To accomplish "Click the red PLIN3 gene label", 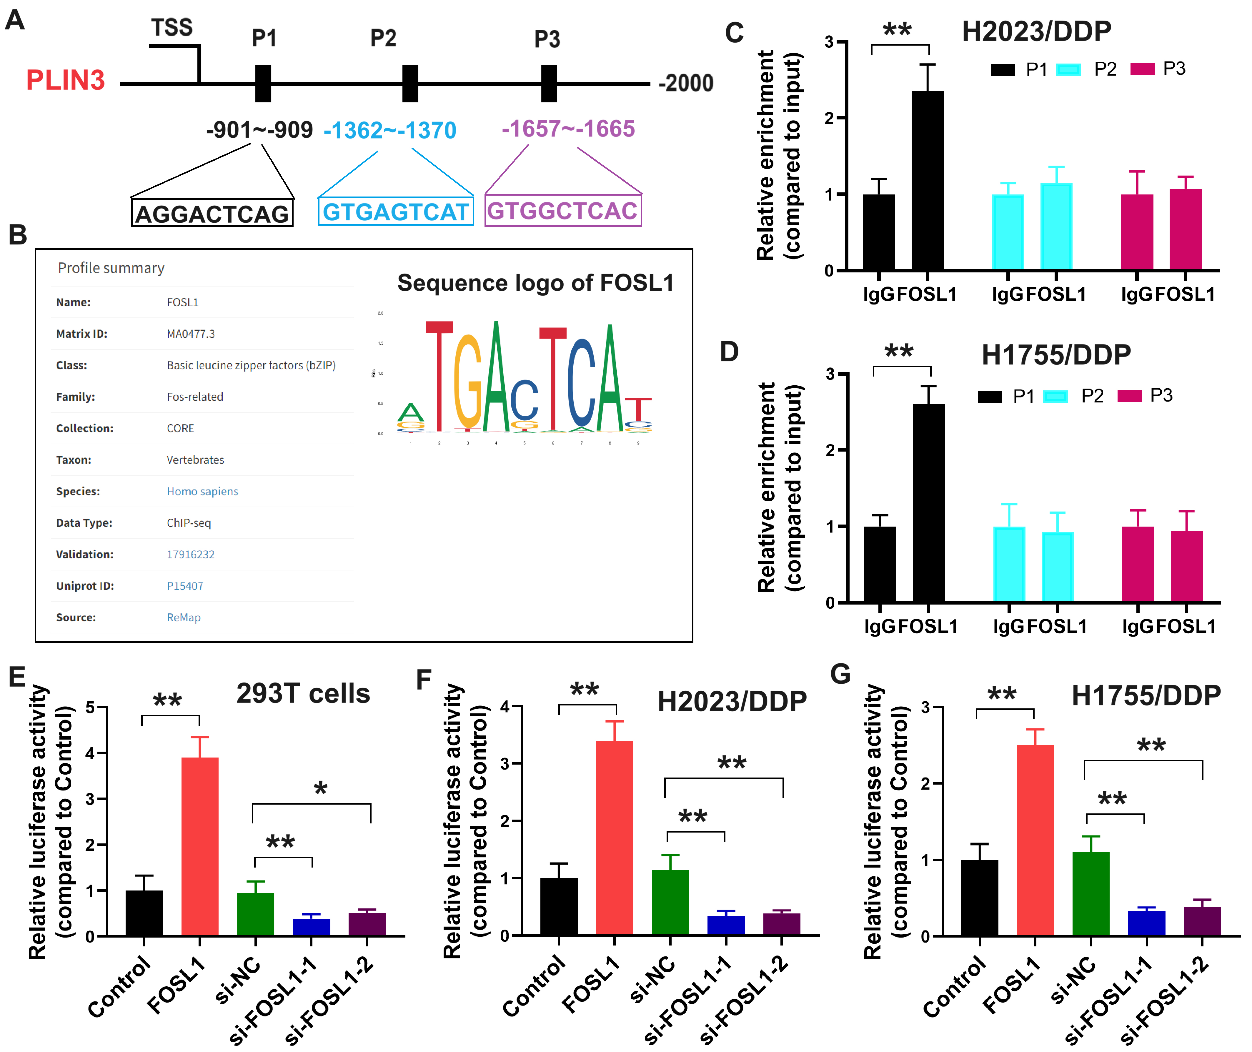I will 66,81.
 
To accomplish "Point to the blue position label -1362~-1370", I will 390,130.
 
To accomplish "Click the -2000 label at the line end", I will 686,84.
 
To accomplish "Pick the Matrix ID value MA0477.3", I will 191,334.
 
